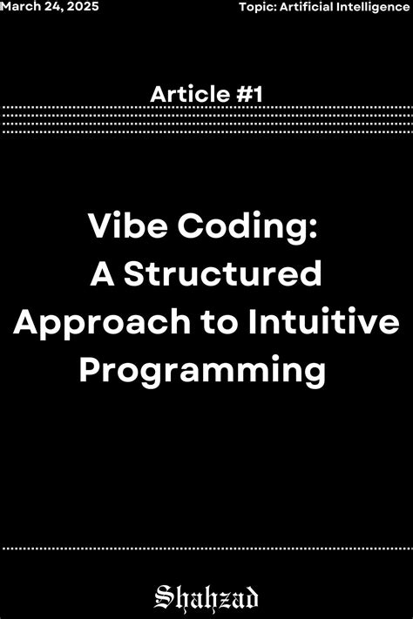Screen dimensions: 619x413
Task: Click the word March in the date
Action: coord(20,7)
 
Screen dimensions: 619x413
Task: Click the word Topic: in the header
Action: coord(257,7)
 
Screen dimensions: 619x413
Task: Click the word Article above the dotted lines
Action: coord(181,94)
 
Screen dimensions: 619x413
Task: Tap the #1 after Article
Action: coord(248,94)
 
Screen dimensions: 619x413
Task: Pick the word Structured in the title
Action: coord(221,276)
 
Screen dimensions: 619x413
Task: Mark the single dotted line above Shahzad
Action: coord(206,548)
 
